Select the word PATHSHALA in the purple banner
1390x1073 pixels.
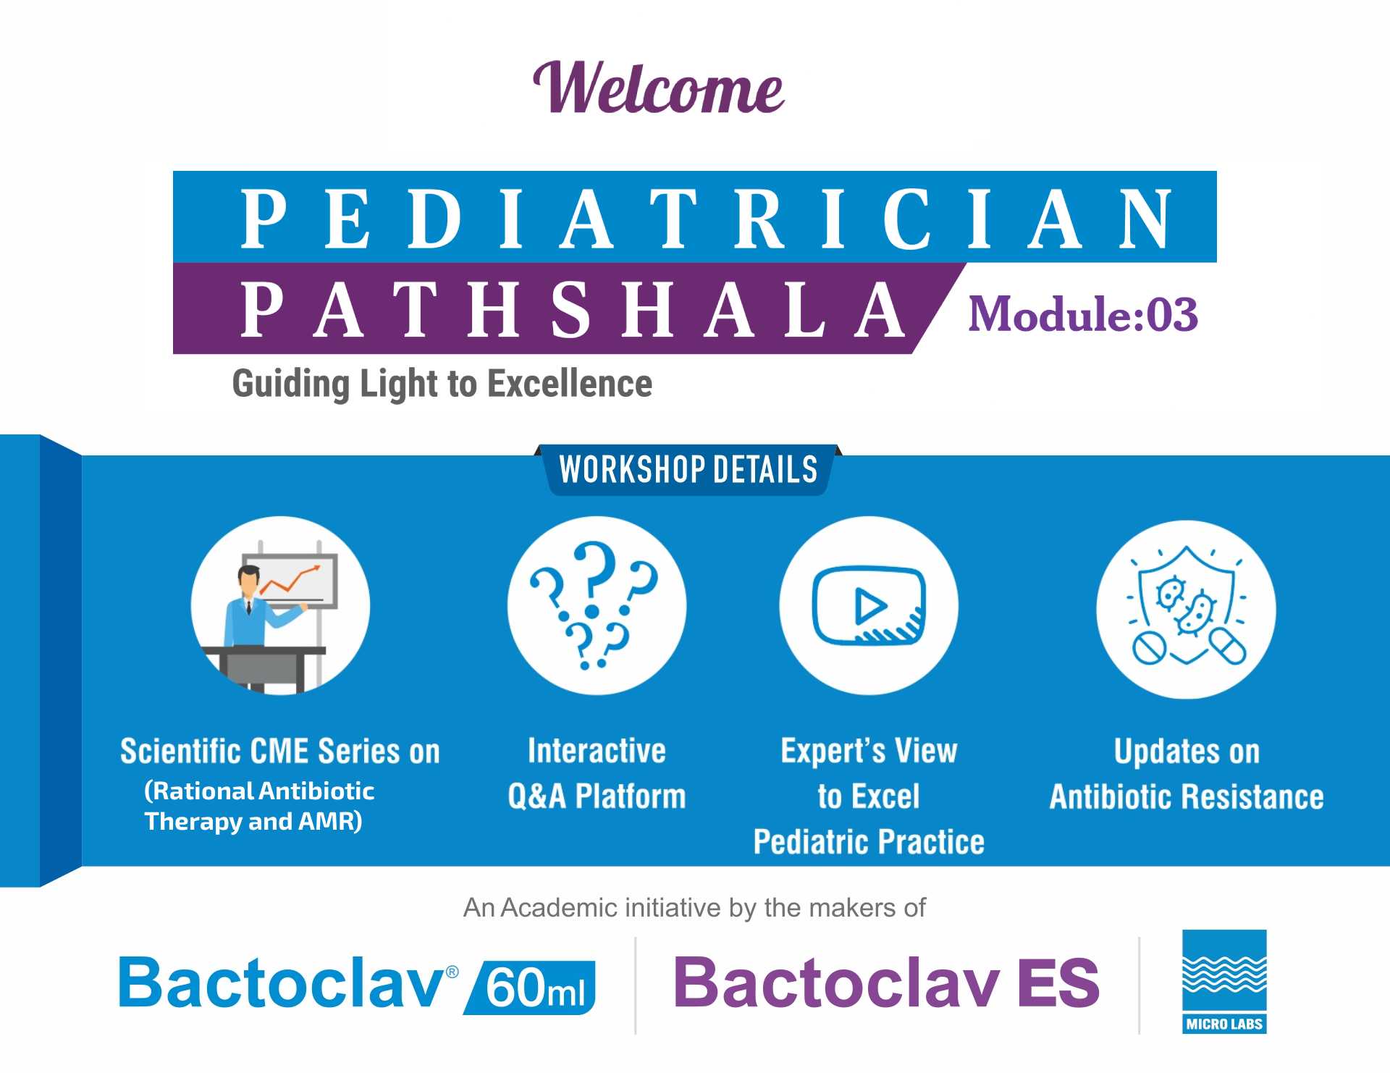(573, 310)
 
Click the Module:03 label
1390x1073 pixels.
(1083, 314)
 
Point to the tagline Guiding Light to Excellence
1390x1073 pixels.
(442, 384)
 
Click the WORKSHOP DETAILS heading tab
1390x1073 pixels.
(688, 469)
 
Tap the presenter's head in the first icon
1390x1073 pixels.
(248, 580)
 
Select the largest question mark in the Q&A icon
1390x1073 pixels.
(594, 572)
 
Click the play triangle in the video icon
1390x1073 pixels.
(869, 607)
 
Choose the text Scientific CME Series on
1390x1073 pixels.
(280, 752)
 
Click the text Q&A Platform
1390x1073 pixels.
(597, 796)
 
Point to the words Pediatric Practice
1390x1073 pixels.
(869, 842)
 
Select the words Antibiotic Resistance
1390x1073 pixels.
(1187, 797)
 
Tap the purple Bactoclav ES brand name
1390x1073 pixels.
(886, 982)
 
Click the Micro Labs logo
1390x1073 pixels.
(1224, 982)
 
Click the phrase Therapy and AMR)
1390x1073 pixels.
(253, 822)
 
